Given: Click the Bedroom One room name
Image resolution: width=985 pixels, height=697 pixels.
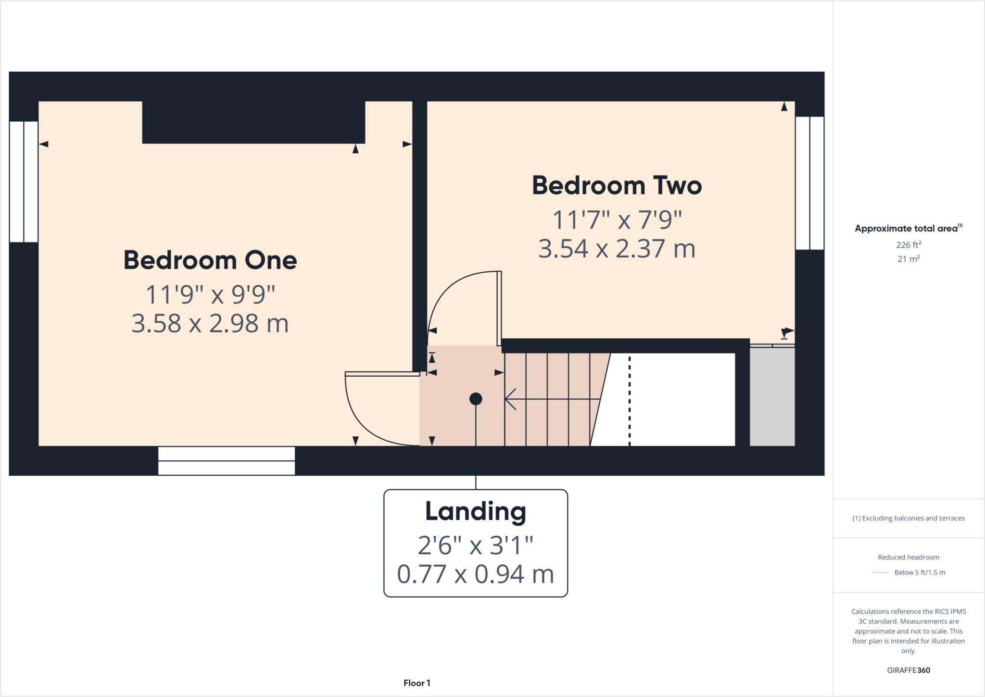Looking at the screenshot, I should tap(210, 260).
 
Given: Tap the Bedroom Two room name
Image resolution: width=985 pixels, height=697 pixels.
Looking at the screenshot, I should tap(617, 186).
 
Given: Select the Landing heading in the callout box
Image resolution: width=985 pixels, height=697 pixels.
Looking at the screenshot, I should tap(475, 511).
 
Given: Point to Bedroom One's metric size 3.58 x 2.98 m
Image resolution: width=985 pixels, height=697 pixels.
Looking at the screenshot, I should tap(210, 323).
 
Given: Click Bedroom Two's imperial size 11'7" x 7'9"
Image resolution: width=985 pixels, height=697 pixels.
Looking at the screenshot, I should tap(617, 220).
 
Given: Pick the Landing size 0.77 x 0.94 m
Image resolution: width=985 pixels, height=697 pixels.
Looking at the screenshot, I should tap(475, 574).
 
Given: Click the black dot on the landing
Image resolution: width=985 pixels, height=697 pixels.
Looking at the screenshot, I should tap(476, 399).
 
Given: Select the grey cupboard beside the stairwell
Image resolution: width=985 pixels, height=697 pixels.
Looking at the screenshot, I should tap(772, 396).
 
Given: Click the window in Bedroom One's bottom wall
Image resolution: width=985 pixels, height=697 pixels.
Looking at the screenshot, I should tap(227, 461).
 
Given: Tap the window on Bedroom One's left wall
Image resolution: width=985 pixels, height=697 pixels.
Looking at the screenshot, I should tap(24, 182).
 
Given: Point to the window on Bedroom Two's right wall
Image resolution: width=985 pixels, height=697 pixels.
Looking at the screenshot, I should tap(809, 183).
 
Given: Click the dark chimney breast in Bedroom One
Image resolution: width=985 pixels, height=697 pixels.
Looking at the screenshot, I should tap(253, 122).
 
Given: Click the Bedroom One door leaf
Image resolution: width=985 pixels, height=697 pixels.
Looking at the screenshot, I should tap(382, 374).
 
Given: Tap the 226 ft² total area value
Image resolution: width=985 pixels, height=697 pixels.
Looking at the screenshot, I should tap(908, 245).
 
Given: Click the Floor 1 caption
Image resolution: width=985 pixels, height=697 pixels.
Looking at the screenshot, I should tap(417, 683).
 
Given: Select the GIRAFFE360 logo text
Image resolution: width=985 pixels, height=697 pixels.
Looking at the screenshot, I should tap(908, 670).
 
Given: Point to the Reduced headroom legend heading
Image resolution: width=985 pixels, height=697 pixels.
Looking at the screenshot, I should tap(908, 557).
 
